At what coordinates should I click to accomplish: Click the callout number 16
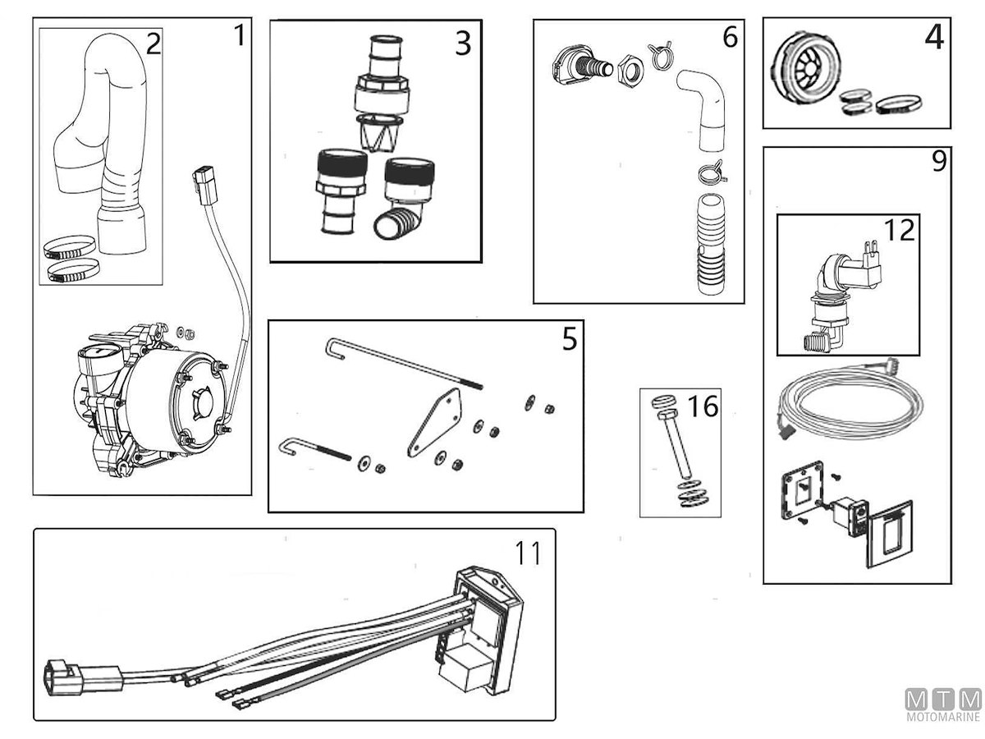[x=704, y=406]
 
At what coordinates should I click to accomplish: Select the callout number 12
[x=900, y=231]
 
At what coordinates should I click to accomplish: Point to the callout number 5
[x=570, y=339]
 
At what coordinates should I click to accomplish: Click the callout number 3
[x=463, y=43]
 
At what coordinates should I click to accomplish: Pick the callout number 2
[x=153, y=44]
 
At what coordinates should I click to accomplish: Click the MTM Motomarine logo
[x=943, y=706]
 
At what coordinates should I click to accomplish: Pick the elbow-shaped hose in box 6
[x=706, y=107]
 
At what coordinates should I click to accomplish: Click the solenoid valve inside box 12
[x=837, y=296]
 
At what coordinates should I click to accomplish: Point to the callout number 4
[x=933, y=38]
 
